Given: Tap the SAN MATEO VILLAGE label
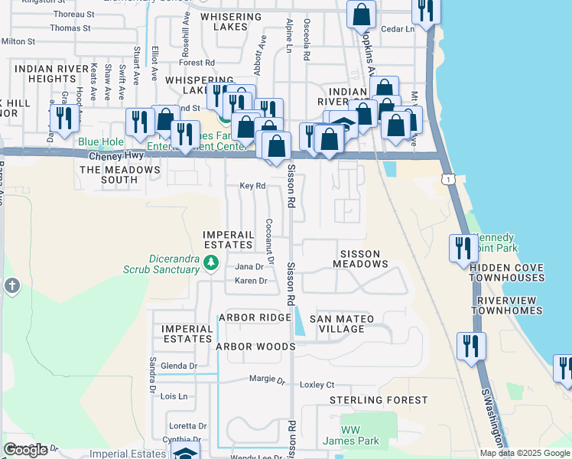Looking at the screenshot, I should tap(341, 324).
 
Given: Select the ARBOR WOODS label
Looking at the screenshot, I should tap(255, 347).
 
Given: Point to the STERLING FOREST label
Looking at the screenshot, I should tap(379, 400).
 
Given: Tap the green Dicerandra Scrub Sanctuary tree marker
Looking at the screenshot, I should tap(212, 263).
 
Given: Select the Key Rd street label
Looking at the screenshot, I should tap(252, 186).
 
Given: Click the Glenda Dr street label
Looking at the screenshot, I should tap(178, 366).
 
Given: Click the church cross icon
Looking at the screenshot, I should tap(12, 286).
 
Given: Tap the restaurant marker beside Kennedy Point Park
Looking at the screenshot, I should tap(462, 249).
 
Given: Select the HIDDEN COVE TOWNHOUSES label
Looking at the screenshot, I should tap(507, 272).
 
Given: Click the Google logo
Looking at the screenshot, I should tap(26, 450).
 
